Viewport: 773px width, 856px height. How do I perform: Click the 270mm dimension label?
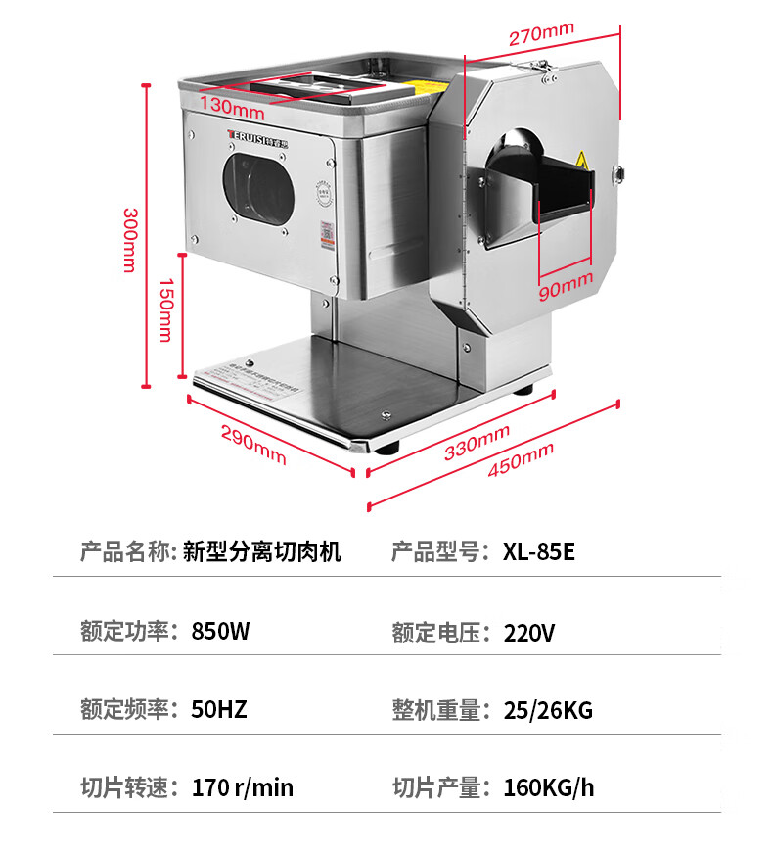pyautogui.click(x=540, y=34)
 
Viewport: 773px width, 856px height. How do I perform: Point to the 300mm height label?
pyautogui.click(x=128, y=239)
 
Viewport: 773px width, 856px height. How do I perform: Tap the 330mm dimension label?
pyautogui.click(x=477, y=442)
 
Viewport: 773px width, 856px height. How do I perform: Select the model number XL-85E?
pyautogui.click(x=539, y=551)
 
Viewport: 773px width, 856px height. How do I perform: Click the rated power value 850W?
pyautogui.click(x=220, y=631)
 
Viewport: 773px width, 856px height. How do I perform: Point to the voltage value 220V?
pyautogui.click(x=529, y=632)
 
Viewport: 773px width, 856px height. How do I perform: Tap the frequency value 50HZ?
pyautogui.click(x=219, y=708)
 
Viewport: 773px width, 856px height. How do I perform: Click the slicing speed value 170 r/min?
pyautogui.click(x=243, y=786)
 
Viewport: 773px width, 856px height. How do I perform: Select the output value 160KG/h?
pyautogui.click(x=549, y=786)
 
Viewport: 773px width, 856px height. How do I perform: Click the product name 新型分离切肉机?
pyautogui.click(x=262, y=551)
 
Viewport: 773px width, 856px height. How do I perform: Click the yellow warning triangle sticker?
pyautogui.click(x=581, y=160)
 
